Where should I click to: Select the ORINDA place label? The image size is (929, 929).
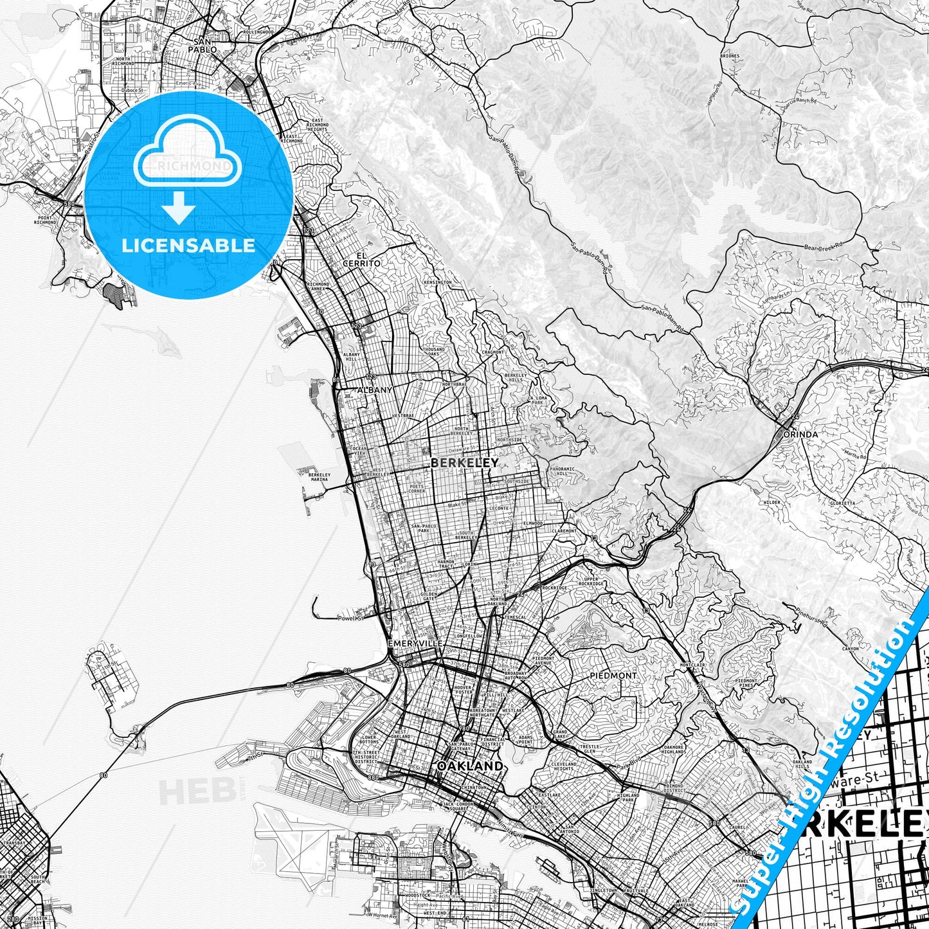pos(801,435)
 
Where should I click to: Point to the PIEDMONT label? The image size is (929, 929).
pos(613,676)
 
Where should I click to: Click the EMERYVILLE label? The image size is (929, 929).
pos(415,644)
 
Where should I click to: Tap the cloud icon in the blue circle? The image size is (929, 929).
pos(186,161)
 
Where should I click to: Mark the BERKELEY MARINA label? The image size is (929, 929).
pos(320,477)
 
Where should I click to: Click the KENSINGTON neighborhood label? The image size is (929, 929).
pos(438,282)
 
